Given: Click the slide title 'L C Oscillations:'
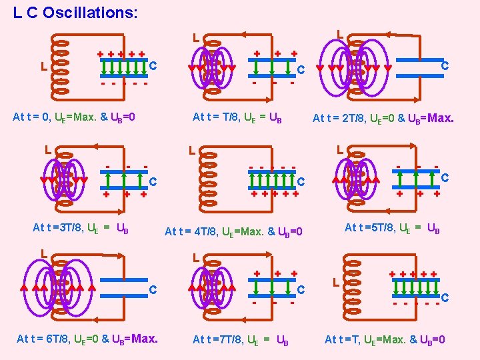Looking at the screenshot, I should pos(75,13).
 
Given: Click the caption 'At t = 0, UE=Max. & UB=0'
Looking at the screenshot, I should pos(75,118).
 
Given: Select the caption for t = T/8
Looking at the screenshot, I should pos(237,118).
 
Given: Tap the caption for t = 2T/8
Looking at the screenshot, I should pos(383,119).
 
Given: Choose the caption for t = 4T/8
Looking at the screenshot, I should pos(233,231).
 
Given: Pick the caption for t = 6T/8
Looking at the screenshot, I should pos(87,339).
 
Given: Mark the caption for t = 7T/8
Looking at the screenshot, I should pos(240,340).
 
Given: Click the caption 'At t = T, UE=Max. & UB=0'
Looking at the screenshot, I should pos(385,340).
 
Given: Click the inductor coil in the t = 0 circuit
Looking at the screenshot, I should pos(61,67).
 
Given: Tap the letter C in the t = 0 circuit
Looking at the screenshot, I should pos(153,65).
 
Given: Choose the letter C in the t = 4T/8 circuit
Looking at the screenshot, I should pos(301,181).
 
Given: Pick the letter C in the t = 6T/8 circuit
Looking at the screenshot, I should pos(153,289).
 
